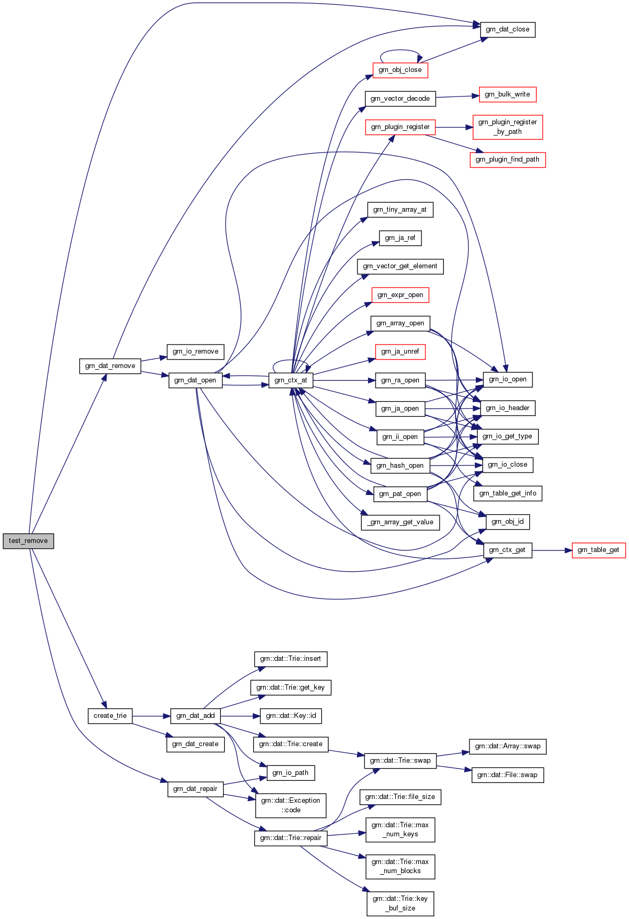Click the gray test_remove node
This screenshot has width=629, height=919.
[28, 540]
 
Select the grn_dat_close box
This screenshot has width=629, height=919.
[507, 29]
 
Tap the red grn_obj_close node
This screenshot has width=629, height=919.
[400, 70]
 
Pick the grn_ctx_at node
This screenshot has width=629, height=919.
[290, 380]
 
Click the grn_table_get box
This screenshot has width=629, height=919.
[598, 550]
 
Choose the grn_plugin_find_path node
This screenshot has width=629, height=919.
[507, 159]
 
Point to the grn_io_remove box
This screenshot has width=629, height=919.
[195, 351]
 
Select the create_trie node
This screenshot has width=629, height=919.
[110, 716]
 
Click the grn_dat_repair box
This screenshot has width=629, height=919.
[195, 789]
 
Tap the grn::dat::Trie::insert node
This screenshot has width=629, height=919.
[290, 659]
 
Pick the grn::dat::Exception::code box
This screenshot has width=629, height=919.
[290, 805]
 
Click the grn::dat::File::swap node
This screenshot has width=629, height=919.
[507, 775]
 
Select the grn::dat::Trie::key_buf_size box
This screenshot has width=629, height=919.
[400, 904]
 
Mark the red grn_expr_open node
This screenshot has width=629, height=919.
[400, 295]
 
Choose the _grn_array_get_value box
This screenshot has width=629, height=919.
[400, 522]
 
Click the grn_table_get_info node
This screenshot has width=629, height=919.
[507, 493]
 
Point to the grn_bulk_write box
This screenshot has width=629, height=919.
[507, 94]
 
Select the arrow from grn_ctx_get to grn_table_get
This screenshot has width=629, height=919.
[552, 550]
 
